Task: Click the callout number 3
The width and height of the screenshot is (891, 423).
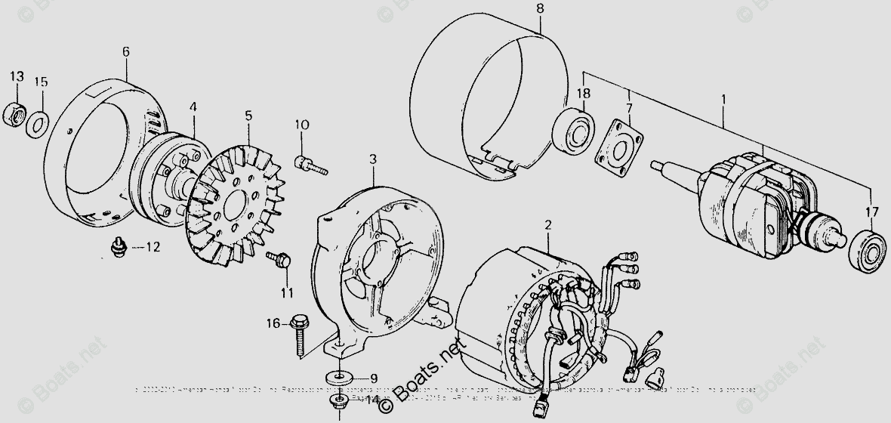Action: tap(372, 159)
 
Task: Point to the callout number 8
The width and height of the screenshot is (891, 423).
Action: tap(540, 8)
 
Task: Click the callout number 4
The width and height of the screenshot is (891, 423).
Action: tap(193, 107)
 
